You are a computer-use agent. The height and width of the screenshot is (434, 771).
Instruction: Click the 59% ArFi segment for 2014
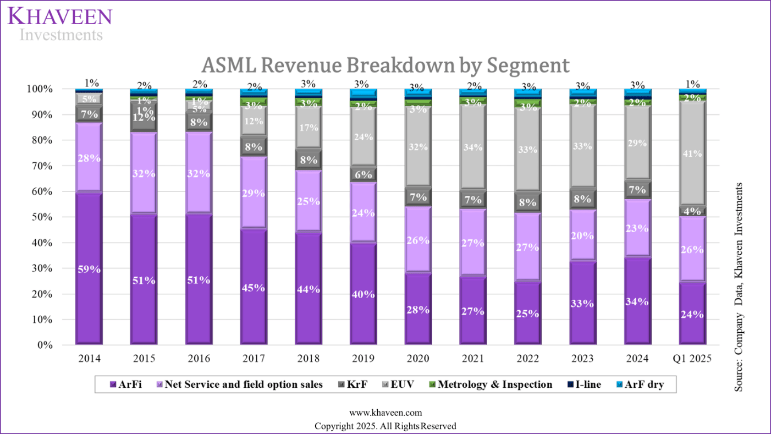[89, 269]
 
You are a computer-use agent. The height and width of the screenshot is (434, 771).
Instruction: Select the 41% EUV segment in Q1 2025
[692, 154]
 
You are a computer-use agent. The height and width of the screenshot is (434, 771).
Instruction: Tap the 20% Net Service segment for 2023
[582, 235]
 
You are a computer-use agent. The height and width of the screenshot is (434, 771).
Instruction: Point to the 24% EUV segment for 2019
[363, 137]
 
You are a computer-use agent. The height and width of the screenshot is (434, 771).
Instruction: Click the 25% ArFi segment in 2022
[527, 313]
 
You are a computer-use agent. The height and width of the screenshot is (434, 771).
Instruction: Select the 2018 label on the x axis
[308, 359]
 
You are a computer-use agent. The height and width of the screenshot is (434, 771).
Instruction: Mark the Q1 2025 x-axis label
[692, 359]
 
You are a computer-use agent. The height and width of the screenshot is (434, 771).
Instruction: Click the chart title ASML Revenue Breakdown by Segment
[385, 65]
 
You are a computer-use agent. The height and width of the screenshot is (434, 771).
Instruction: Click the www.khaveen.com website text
[385, 413]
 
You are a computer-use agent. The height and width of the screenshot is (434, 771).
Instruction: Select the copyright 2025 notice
[385, 426]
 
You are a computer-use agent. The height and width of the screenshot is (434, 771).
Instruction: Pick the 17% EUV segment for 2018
[308, 128]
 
